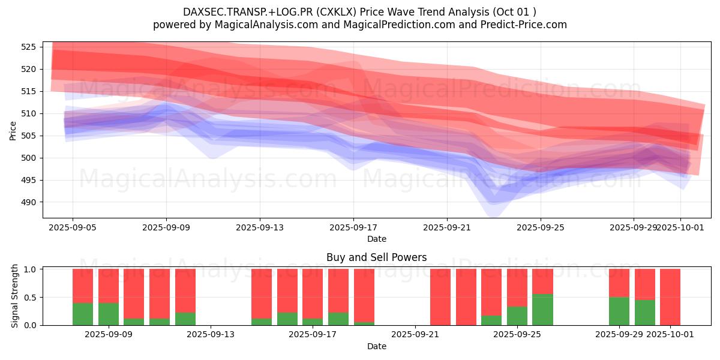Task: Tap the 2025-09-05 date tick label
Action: tap(73, 227)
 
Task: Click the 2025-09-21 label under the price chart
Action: tap(446, 227)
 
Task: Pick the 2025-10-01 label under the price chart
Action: tap(680, 227)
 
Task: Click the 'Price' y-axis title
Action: tap(13, 130)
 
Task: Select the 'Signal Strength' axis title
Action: tap(16, 296)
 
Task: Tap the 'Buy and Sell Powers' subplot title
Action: tap(376, 257)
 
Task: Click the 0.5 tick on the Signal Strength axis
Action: tap(32, 297)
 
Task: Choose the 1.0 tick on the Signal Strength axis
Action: tap(32, 269)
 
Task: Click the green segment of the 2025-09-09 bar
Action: tap(108, 314)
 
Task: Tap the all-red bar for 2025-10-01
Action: tap(670, 297)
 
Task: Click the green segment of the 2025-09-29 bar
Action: tap(619, 311)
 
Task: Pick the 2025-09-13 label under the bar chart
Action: tap(211, 334)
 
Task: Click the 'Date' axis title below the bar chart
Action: tap(376, 346)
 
